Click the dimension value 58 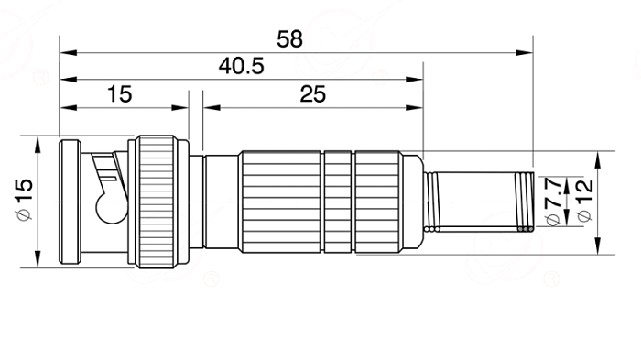tap(289, 39)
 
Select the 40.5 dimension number tap(241, 66)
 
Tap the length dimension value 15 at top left tap(119, 94)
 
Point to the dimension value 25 tap(313, 94)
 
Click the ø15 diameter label tap(24, 199)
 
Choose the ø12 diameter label tap(584, 201)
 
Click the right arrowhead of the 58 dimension tap(525, 53)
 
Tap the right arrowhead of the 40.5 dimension tap(415, 80)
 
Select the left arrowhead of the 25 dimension tap(212, 107)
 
